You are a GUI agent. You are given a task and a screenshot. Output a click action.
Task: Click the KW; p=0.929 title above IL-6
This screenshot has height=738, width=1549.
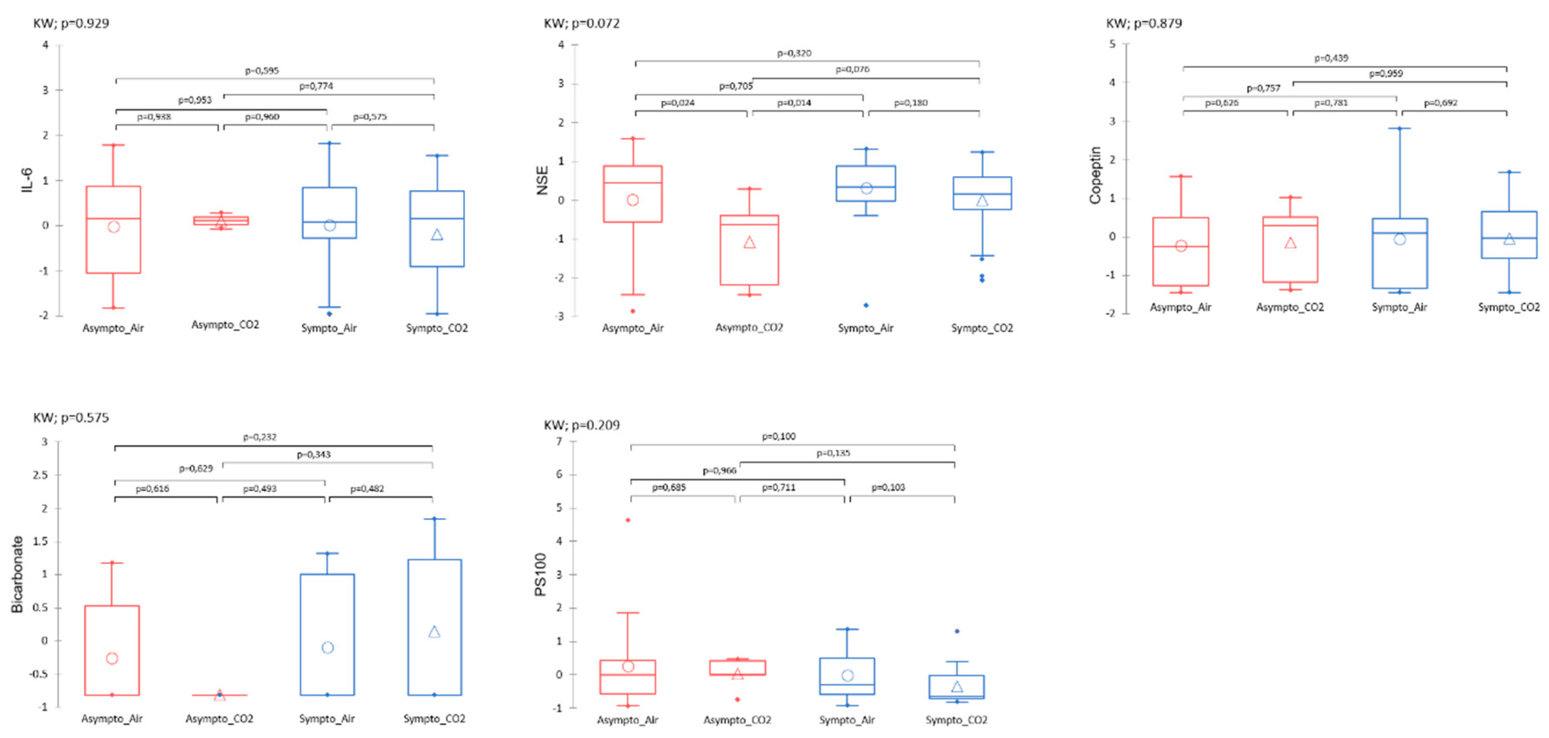coord(71,23)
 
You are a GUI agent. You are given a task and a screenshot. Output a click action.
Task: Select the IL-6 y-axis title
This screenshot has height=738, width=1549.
coord(27,180)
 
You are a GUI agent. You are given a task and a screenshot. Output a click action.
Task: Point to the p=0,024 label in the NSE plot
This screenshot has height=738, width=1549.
coord(678,103)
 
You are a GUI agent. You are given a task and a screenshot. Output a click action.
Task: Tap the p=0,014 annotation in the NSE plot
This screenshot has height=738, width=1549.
coord(794,103)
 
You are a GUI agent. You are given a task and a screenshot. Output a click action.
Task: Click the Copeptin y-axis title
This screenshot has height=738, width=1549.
coord(1095,175)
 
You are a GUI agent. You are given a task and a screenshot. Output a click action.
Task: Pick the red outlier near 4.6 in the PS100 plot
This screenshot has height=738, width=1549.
coord(628,519)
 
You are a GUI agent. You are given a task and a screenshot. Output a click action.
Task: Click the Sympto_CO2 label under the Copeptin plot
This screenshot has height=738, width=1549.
coord(1509,307)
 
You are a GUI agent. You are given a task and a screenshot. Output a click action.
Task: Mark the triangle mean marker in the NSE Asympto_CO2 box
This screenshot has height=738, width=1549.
coord(749,242)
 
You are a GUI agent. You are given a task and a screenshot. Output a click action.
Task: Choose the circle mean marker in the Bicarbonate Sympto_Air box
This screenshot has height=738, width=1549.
coord(328,648)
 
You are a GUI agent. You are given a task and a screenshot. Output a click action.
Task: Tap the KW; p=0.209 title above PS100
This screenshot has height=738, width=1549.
coord(581,425)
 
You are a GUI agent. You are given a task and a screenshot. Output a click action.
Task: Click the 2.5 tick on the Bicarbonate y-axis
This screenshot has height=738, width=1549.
coord(40,474)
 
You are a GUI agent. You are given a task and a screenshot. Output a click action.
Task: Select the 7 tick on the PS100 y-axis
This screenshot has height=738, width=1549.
coord(559,442)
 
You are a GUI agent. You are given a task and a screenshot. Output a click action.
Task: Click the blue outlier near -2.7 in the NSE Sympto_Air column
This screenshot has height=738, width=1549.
coord(866,306)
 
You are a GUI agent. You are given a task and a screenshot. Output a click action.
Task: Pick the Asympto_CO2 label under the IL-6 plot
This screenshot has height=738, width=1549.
coord(225,325)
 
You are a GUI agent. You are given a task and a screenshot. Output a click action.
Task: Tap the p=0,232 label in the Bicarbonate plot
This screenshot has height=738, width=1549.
coord(260,437)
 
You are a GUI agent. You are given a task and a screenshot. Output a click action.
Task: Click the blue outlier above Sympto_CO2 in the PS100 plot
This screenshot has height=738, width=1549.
coord(957,631)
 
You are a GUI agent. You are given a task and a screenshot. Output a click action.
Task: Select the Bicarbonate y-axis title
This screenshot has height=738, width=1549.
coord(17,574)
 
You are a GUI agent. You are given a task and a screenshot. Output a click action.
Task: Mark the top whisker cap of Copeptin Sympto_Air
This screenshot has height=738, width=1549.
coord(1399,128)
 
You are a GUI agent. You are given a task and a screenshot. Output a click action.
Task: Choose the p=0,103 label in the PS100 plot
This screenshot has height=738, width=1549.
coord(888,487)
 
